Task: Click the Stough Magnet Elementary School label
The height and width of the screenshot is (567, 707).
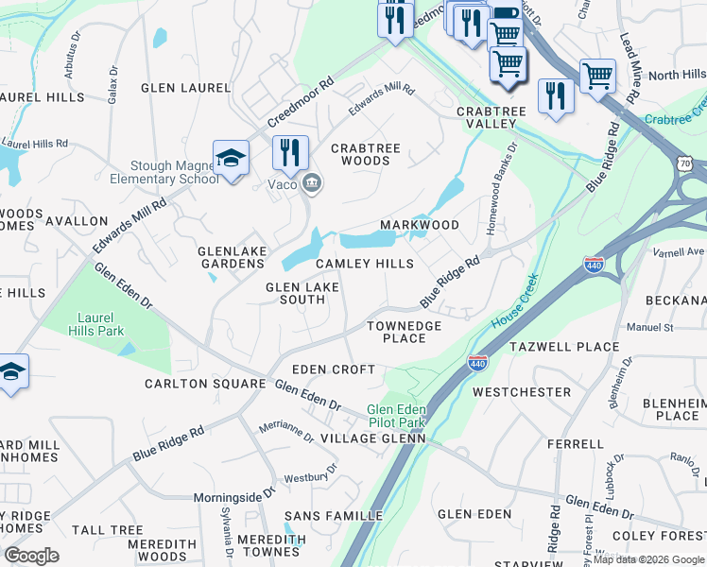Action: [x=174, y=172]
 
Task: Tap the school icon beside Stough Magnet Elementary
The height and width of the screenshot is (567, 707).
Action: [x=231, y=159]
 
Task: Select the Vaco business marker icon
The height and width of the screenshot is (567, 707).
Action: [x=311, y=183]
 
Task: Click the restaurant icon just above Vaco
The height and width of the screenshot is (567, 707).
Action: [x=290, y=153]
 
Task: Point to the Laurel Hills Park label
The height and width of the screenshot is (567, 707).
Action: [x=96, y=325]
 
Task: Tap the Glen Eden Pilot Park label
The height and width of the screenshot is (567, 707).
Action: [x=397, y=416]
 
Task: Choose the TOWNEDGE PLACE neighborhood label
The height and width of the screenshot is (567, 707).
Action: [x=404, y=332]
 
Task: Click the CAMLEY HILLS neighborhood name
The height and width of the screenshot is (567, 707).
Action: [x=364, y=264]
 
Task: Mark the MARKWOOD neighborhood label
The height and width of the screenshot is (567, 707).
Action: [x=419, y=225]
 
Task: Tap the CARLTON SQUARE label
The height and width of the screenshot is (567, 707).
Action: [x=205, y=384]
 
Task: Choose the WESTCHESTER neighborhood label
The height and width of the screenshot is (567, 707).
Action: [x=522, y=391]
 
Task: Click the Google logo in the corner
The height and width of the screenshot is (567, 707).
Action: [x=31, y=555]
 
